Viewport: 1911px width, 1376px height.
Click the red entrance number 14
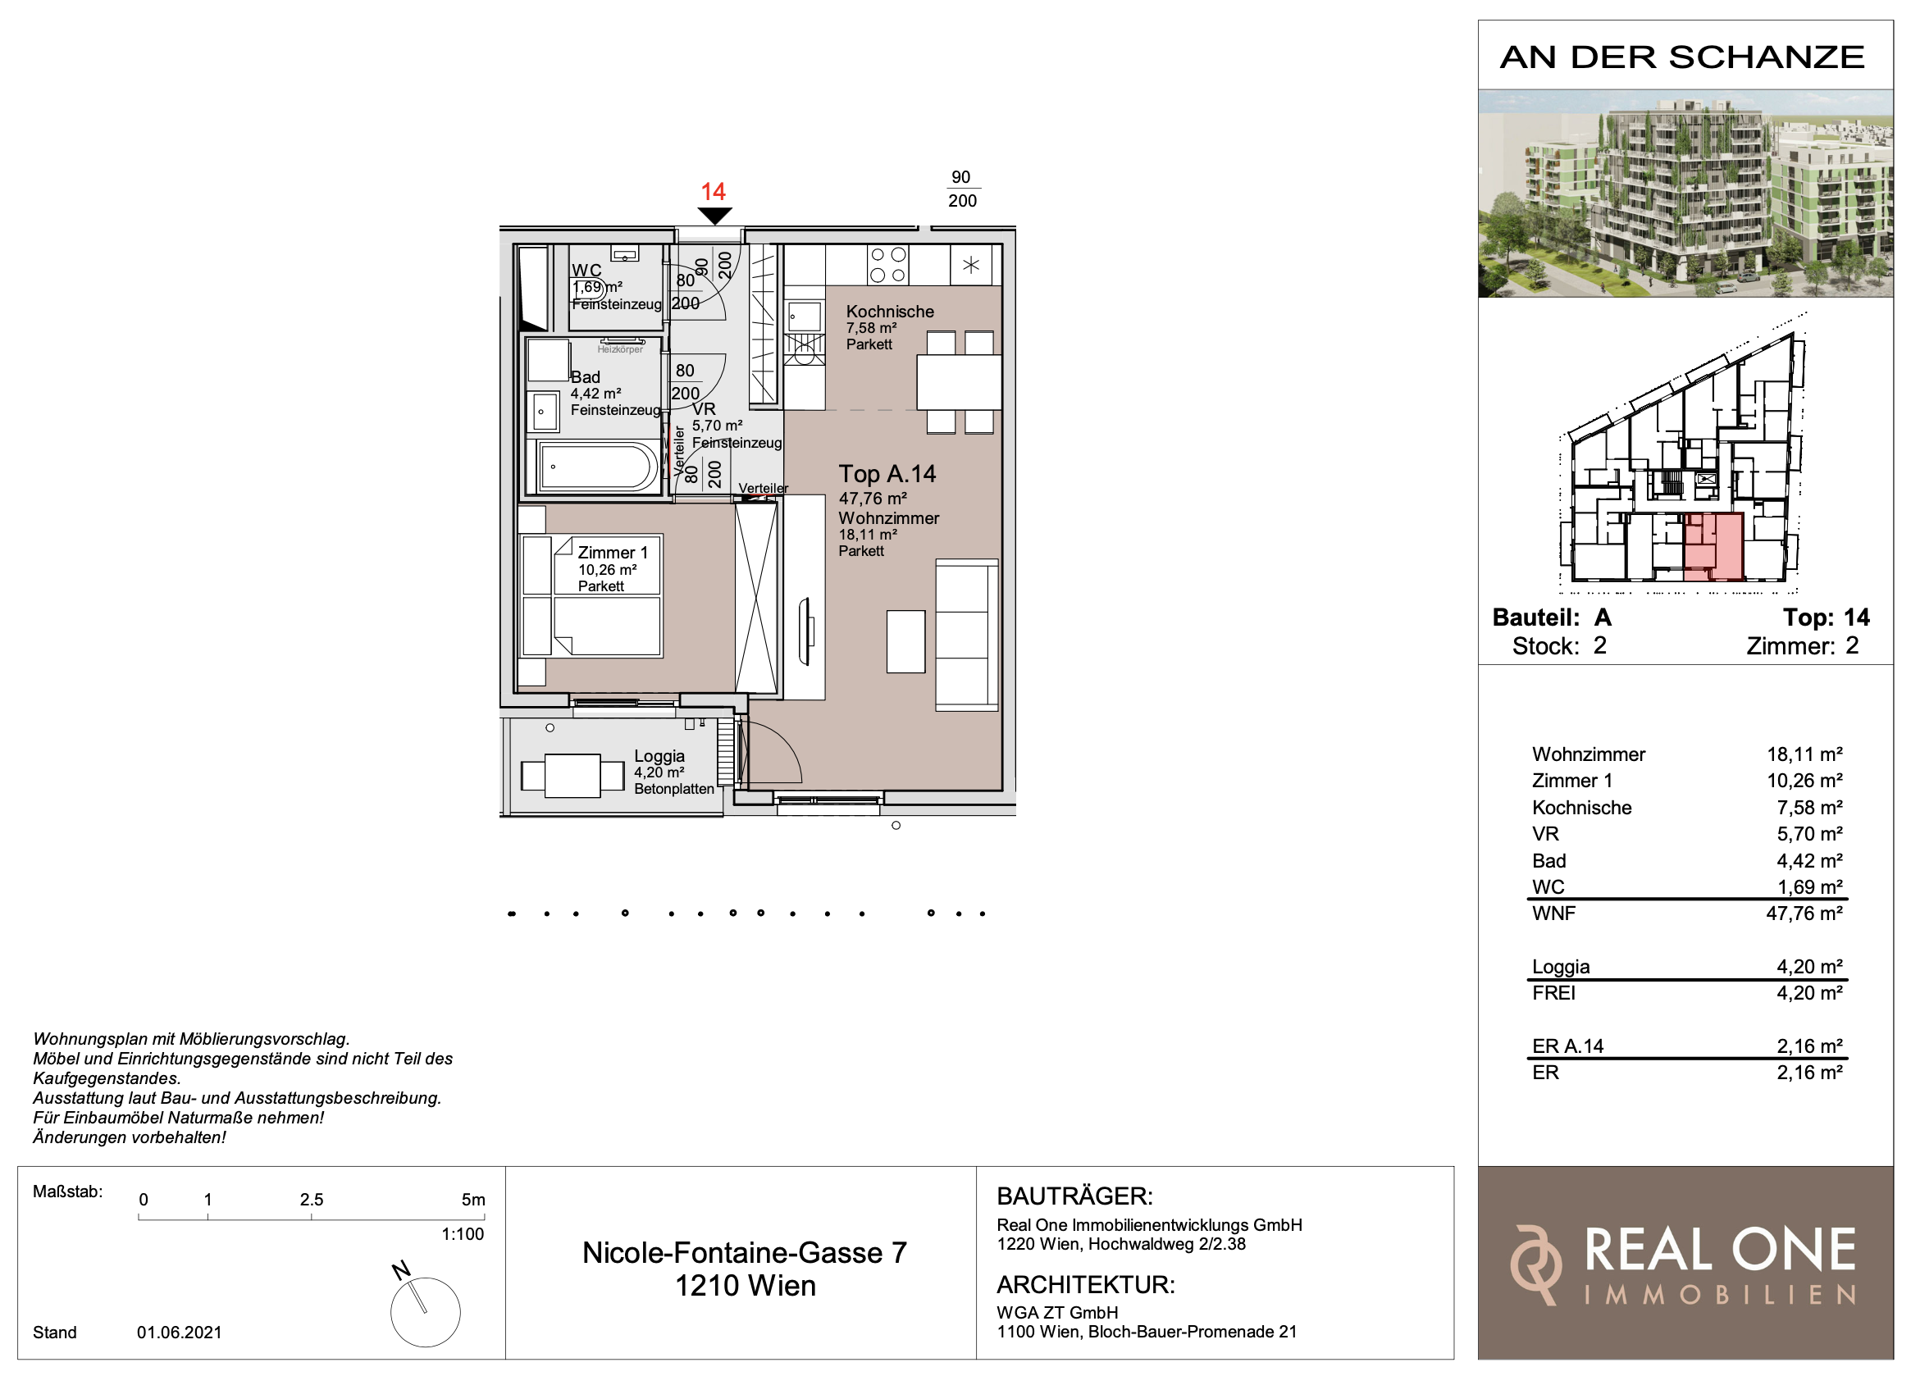tap(713, 191)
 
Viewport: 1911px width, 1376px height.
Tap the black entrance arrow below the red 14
tap(714, 216)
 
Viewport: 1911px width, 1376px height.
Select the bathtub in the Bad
tap(597, 466)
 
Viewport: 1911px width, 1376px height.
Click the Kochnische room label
tap(890, 312)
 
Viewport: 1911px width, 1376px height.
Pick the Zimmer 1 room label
tap(613, 553)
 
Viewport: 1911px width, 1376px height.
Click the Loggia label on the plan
tap(659, 756)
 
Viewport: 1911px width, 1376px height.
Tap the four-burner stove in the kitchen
tap(888, 265)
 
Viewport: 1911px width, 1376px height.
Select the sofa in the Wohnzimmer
tap(966, 636)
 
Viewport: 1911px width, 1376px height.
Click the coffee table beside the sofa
tap(905, 642)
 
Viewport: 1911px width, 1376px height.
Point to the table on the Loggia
tap(572, 775)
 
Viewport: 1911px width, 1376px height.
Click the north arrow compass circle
tap(426, 1312)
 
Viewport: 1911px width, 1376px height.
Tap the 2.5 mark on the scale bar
tap(312, 1199)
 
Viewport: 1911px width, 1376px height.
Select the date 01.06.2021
tap(180, 1333)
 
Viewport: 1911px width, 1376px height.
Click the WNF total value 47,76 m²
tap(1804, 914)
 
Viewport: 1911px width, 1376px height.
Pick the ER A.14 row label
tap(1567, 1046)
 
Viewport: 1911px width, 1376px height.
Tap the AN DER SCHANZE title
tap(1683, 57)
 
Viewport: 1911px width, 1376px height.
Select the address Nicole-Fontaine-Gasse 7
tap(745, 1253)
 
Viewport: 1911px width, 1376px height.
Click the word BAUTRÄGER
tap(1074, 1196)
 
